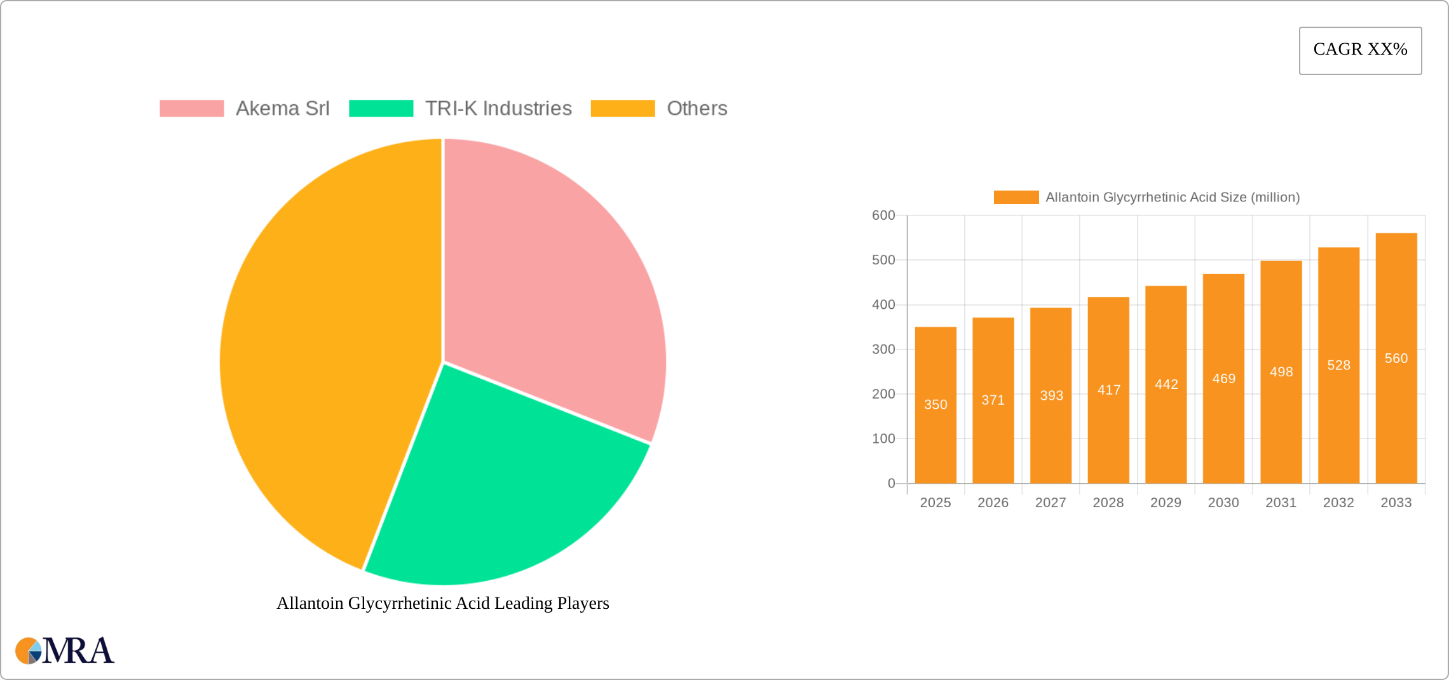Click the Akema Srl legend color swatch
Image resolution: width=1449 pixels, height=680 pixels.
(x=191, y=109)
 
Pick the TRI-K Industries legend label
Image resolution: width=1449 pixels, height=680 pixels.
(x=498, y=109)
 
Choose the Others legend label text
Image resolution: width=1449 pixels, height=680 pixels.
(x=697, y=109)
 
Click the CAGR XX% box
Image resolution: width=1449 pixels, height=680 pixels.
(x=1360, y=50)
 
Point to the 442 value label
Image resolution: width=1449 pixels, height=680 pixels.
(x=1166, y=384)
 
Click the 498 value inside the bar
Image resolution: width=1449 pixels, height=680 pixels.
(x=1281, y=372)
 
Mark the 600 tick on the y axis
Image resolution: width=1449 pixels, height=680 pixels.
(x=883, y=215)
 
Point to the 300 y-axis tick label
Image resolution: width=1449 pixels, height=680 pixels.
(x=883, y=350)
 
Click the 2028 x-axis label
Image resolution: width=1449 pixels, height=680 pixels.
(x=1108, y=503)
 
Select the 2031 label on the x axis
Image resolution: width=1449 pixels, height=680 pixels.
(x=1281, y=503)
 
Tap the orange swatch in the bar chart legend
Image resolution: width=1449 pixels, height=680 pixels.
(x=1016, y=198)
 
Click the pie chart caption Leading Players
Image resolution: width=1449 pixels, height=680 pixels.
(x=442, y=603)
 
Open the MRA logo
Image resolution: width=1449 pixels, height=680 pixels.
(x=64, y=650)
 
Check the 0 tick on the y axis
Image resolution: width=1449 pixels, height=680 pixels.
(x=891, y=484)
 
